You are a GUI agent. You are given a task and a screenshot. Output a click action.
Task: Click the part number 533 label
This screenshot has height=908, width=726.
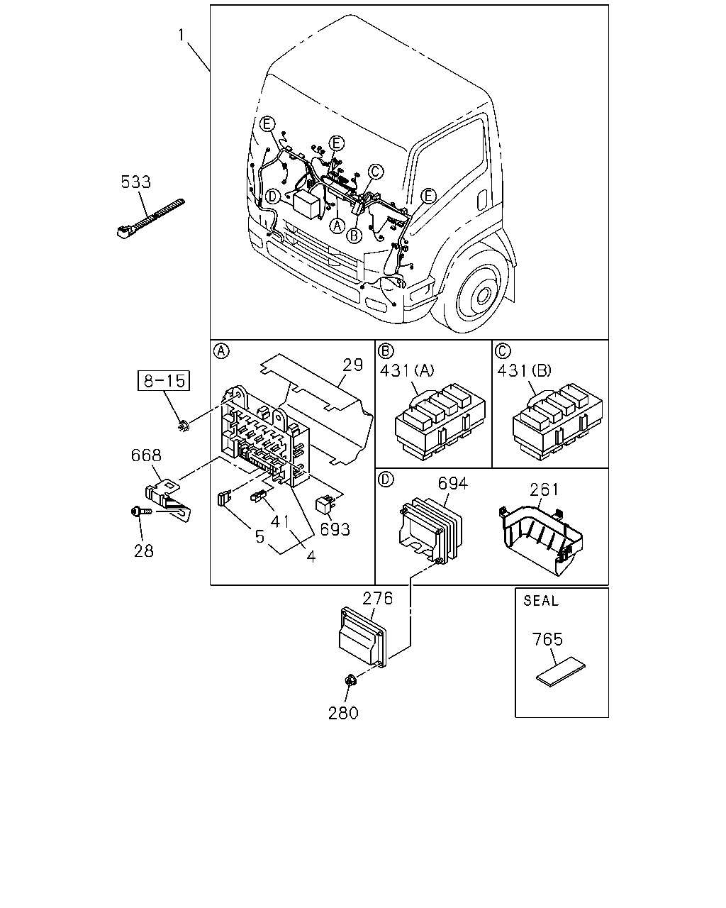[135, 182]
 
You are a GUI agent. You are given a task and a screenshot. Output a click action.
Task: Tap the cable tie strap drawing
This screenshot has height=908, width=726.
[150, 218]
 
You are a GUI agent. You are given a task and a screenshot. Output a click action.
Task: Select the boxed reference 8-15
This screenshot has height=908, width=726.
[164, 381]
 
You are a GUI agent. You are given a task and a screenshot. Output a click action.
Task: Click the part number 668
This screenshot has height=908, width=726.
[146, 455]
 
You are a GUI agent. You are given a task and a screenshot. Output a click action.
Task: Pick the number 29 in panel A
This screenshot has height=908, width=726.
[352, 365]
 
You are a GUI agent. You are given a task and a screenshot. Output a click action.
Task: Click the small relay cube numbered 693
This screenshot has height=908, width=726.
[325, 506]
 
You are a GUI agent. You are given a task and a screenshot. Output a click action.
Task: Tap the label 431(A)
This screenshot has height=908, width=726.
[407, 370]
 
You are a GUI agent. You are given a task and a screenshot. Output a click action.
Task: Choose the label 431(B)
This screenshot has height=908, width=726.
[525, 370]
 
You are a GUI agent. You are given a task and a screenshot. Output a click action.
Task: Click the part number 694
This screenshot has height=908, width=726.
[452, 484]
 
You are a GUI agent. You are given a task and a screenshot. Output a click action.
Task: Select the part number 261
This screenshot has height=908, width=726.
[544, 489]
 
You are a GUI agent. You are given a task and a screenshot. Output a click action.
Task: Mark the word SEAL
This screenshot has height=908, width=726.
[541, 600]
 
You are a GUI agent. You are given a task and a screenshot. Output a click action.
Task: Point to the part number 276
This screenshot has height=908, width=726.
[378, 598]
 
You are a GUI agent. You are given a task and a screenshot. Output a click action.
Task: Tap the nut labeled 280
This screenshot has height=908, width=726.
[350, 680]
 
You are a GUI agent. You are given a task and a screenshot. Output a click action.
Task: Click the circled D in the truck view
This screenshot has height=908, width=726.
[274, 196]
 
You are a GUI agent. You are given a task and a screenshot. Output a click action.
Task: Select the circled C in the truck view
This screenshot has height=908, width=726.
[375, 172]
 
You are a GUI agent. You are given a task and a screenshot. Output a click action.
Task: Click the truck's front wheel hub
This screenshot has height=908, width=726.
[482, 297]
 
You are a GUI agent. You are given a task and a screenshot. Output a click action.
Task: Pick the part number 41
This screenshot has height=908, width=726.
[279, 522]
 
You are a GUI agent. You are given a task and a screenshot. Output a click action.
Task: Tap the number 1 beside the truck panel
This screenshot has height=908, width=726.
[181, 35]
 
